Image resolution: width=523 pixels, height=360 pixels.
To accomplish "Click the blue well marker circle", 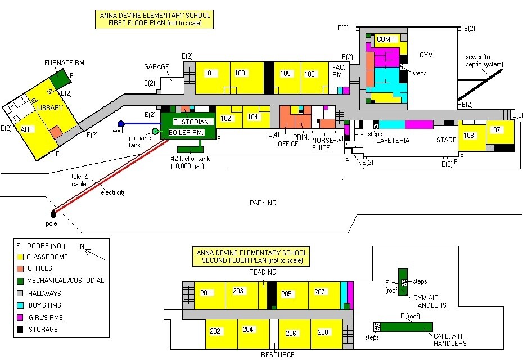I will (x=120, y=124).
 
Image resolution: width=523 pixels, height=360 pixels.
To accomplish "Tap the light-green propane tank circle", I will (x=155, y=131).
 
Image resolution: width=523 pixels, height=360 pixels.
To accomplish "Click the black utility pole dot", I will (x=53, y=214).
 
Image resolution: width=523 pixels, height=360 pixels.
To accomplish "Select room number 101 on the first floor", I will (x=209, y=73).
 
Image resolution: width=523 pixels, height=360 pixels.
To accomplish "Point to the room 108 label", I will (x=468, y=136).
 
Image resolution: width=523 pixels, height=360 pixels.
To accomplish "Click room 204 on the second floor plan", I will (x=248, y=330).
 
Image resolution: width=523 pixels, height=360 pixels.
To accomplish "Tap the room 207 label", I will (x=319, y=292).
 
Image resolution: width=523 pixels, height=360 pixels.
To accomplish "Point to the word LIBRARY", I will (x=48, y=107).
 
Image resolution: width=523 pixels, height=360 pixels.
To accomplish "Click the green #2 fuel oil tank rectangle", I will (x=190, y=150).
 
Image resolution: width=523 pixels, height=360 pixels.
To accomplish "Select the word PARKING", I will (x=263, y=203).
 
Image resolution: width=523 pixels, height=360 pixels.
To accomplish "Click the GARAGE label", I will (x=156, y=67).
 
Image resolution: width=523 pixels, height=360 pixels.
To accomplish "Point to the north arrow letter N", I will (x=82, y=246).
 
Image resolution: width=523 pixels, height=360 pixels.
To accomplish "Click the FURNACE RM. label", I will (x=65, y=62).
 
